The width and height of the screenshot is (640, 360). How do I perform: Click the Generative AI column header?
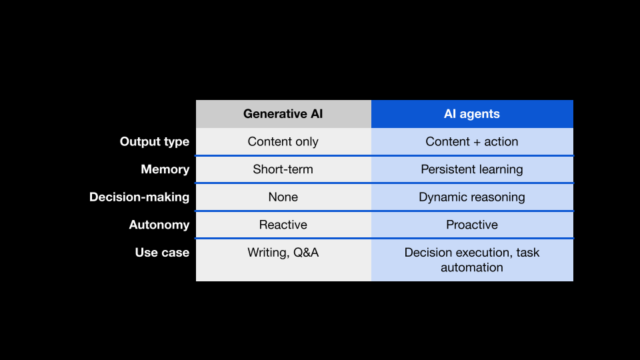283,114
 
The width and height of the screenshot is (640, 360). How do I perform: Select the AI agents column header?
472,114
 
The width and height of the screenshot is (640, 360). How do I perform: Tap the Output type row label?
154,141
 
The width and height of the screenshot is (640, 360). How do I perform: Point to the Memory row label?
165,169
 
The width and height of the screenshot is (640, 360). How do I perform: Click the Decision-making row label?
139,197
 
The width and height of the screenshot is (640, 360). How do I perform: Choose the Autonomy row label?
159,225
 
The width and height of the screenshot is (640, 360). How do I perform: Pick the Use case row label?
162,253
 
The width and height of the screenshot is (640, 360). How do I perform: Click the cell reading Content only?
283,141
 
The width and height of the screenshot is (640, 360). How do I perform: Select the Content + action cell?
472,141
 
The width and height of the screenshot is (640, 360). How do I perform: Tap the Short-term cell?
283,169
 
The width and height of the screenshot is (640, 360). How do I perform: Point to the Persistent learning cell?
472,169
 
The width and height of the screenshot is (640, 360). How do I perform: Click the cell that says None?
283,197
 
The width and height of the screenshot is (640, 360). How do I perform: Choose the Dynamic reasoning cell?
472,197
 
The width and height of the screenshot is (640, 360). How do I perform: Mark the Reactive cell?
283,225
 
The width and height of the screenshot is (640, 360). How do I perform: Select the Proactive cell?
472,225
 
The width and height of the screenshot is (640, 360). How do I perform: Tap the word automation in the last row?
472,267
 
